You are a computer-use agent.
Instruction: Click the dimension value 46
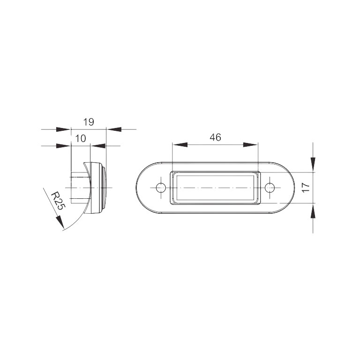pyautogui.click(x=215, y=137)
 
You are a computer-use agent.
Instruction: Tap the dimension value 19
pyautogui.click(x=89, y=122)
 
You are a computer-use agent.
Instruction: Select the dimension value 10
pyautogui.click(x=80, y=138)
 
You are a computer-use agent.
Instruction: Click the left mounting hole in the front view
pyautogui.click(x=161, y=188)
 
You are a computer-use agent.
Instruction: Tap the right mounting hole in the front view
pyautogui.click(x=270, y=188)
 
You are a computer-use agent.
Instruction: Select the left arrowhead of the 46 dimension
pyautogui.click(x=179, y=145)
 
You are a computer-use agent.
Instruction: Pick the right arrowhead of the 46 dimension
pyautogui.click(x=251, y=145)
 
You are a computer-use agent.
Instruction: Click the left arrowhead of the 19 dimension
pyautogui.click(x=63, y=128)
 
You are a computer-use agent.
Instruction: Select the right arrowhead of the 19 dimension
pyautogui.click(x=114, y=128)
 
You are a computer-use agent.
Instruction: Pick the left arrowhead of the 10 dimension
pyautogui.click(x=63, y=146)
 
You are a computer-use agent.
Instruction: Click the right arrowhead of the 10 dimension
pyautogui.click(x=97, y=146)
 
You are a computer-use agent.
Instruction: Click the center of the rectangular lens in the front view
pyautogui.click(x=215, y=188)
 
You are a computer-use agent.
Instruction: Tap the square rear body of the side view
pyautogui.click(x=78, y=188)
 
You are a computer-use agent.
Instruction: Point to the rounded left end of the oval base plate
pyautogui.click(x=143, y=188)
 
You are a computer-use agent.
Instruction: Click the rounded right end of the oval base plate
pyautogui.click(x=288, y=188)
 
